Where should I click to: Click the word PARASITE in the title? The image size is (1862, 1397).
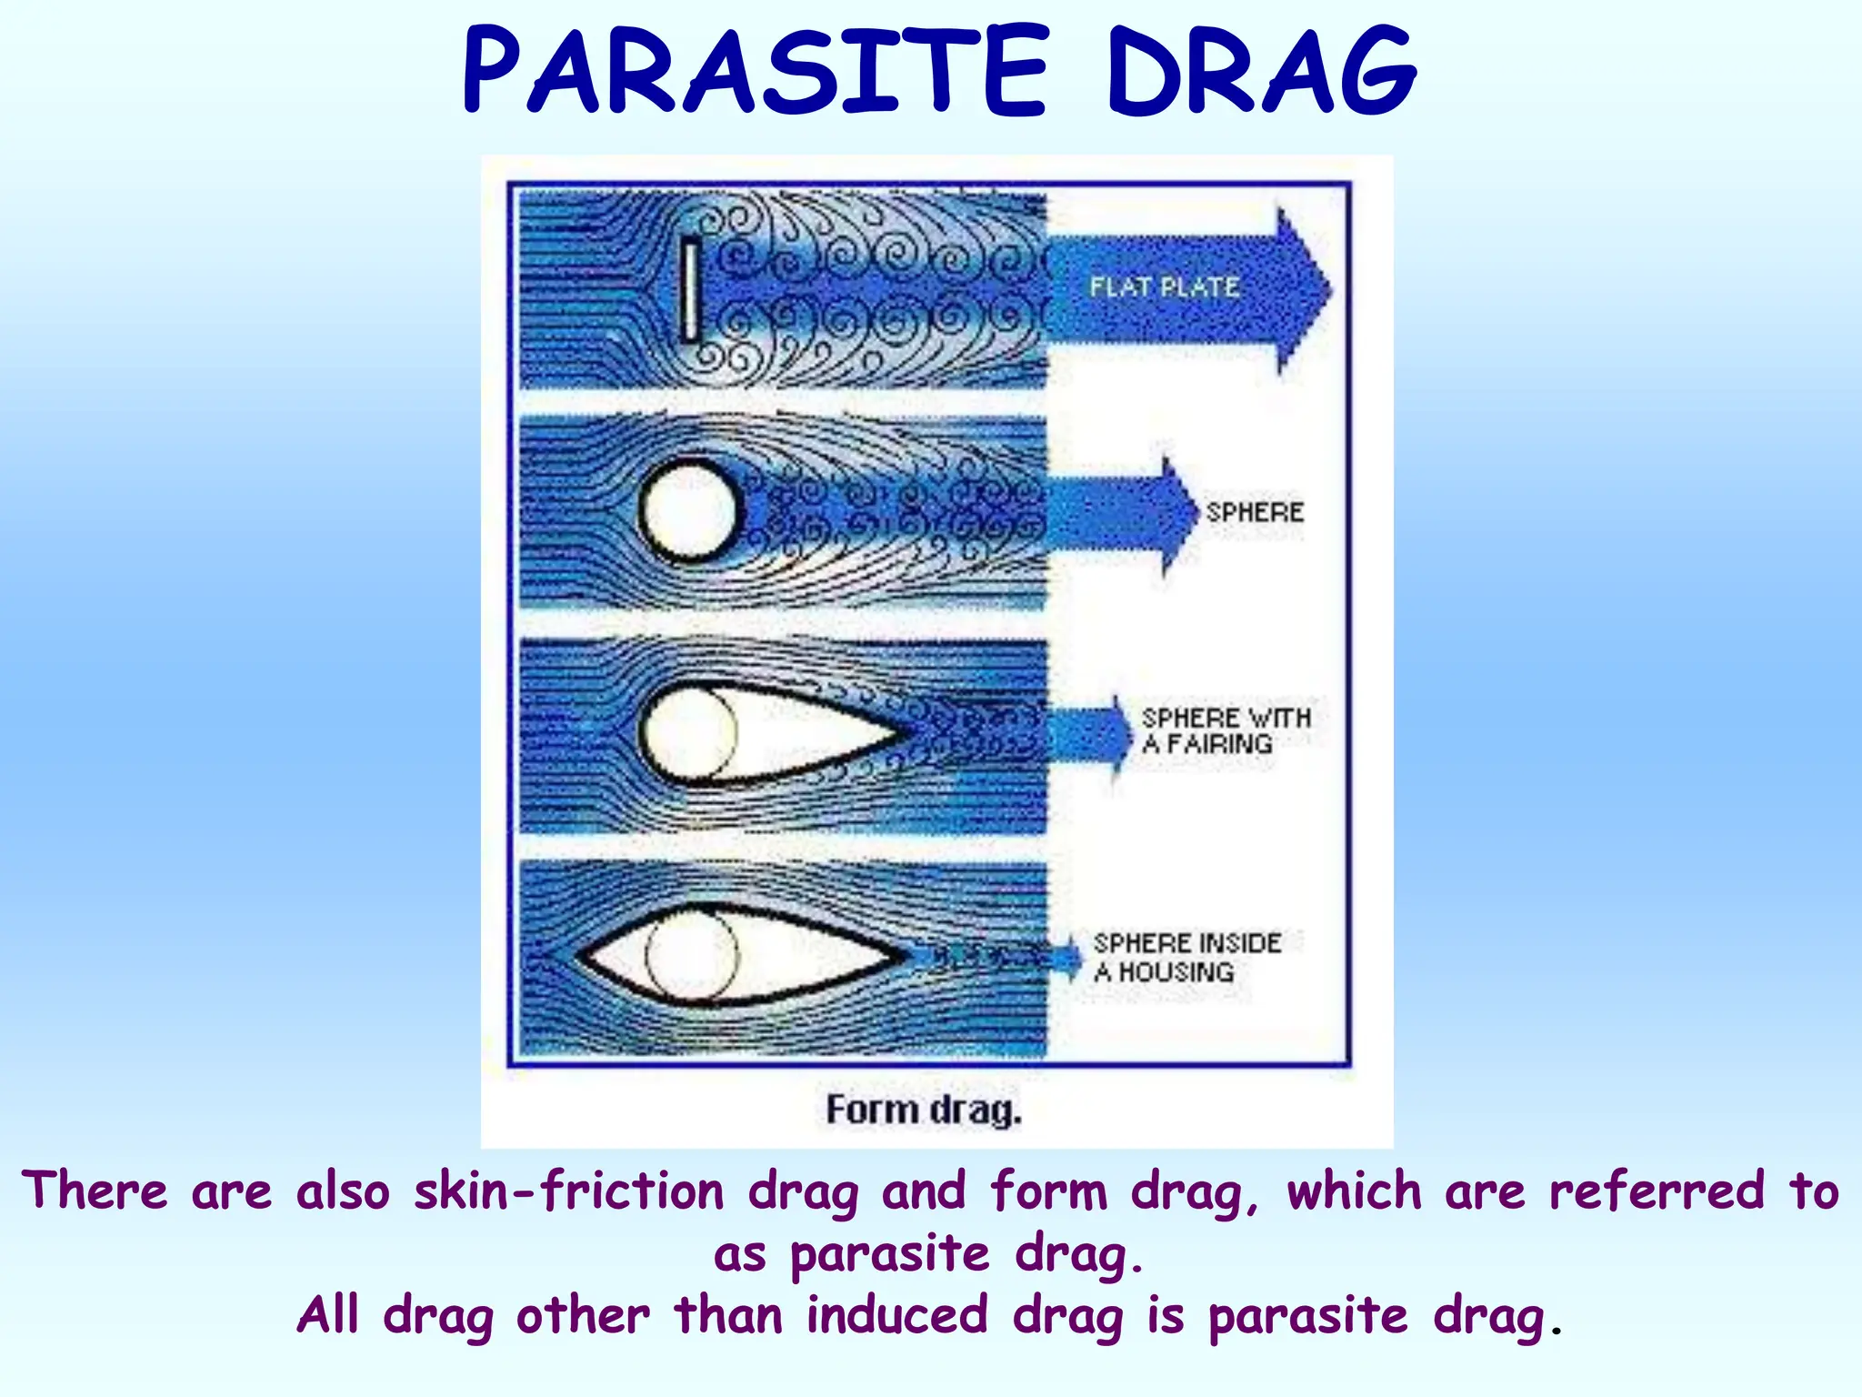coord(756,71)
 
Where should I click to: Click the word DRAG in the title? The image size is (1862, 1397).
coord(1261,71)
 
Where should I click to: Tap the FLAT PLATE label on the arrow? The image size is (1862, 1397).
coord(1165,287)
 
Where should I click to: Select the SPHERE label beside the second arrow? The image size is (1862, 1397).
coord(1255,512)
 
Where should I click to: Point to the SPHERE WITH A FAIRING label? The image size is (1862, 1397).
coord(1225,731)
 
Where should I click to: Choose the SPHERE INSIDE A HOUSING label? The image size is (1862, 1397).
coord(1186,957)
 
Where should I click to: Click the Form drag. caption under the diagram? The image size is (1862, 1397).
coord(924,1111)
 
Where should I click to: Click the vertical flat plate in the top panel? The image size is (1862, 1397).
coord(691,289)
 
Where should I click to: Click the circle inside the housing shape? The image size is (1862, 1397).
coord(692,955)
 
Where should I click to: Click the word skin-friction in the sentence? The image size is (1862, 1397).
coord(568,1191)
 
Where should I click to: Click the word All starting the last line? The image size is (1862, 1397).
coord(328,1316)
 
